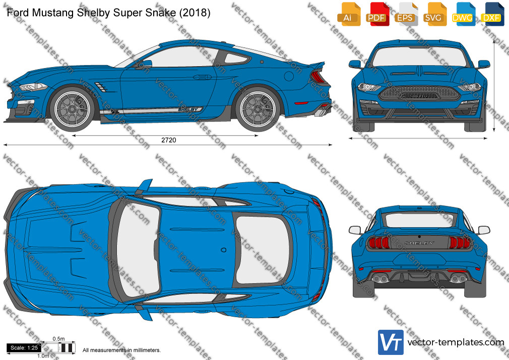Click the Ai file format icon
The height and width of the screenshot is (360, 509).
(x=349, y=14)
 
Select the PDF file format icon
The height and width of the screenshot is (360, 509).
(x=377, y=14)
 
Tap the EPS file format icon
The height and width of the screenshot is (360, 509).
(x=406, y=14)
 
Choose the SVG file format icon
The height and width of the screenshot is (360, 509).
(x=434, y=14)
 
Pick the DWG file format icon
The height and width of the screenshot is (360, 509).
(x=463, y=14)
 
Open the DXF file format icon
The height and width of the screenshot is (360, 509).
(x=492, y=14)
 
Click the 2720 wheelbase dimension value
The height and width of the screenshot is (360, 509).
(x=169, y=140)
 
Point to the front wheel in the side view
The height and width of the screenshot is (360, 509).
(x=72, y=109)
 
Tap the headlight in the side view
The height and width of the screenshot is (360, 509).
(x=33, y=87)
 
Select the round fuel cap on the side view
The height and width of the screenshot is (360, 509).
(x=289, y=76)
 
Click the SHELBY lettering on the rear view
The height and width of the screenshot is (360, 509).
(x=419, y=243)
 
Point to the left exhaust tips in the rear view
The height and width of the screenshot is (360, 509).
(x=380, y=278)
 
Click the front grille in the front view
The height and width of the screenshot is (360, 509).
(x=419, y=93)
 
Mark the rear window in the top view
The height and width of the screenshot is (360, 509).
(x=262, y=250)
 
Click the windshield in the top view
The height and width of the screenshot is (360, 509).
(x=138, y=249)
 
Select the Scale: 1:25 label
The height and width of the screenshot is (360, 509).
(x=24, y=348)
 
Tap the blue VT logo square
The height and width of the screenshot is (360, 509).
(x=391, y=342)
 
